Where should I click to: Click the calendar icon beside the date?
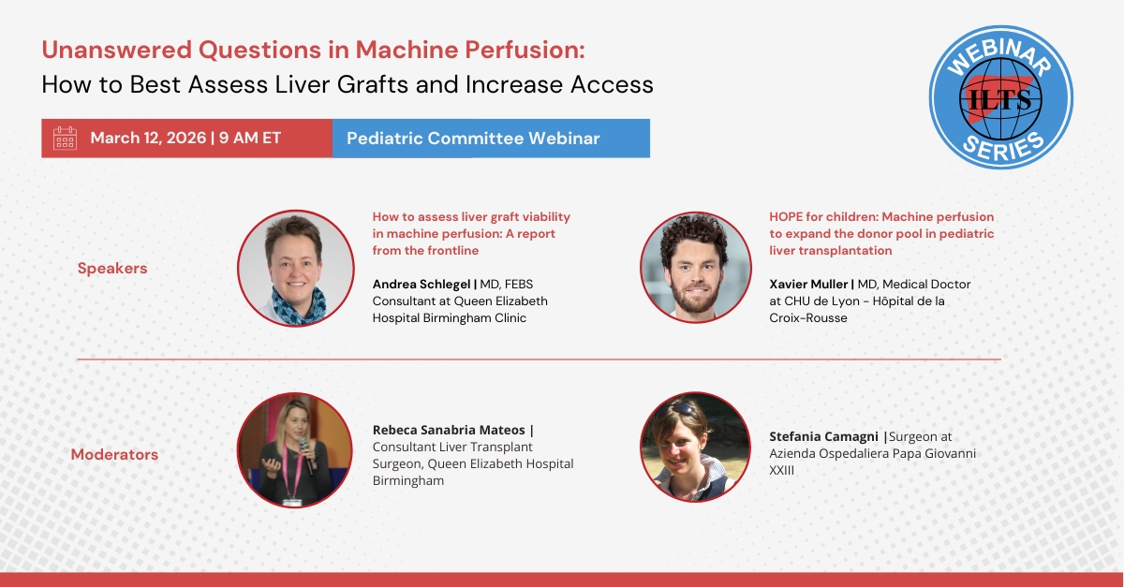(66, 138)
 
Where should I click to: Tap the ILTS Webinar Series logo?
(1000, 97)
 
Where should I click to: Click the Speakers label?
(112, 269)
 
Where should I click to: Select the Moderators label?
(114, 455)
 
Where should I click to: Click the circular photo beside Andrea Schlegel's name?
(296, 268)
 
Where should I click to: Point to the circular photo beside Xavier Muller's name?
(695, 268)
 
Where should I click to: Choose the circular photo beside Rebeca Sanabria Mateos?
(294, 450)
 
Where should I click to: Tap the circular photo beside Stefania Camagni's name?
(695, 447)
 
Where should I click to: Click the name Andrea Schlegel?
(421, 285)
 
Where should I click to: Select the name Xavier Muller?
(808, 285)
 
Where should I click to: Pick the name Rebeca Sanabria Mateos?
(449, 430)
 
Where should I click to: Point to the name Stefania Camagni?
(823, 436)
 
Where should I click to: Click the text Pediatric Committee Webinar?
(473, 139)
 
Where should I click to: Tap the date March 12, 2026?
(149, 138)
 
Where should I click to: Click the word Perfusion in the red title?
(525, 50)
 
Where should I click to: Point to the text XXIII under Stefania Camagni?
(782, 471)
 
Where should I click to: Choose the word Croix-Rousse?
(807, 318)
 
